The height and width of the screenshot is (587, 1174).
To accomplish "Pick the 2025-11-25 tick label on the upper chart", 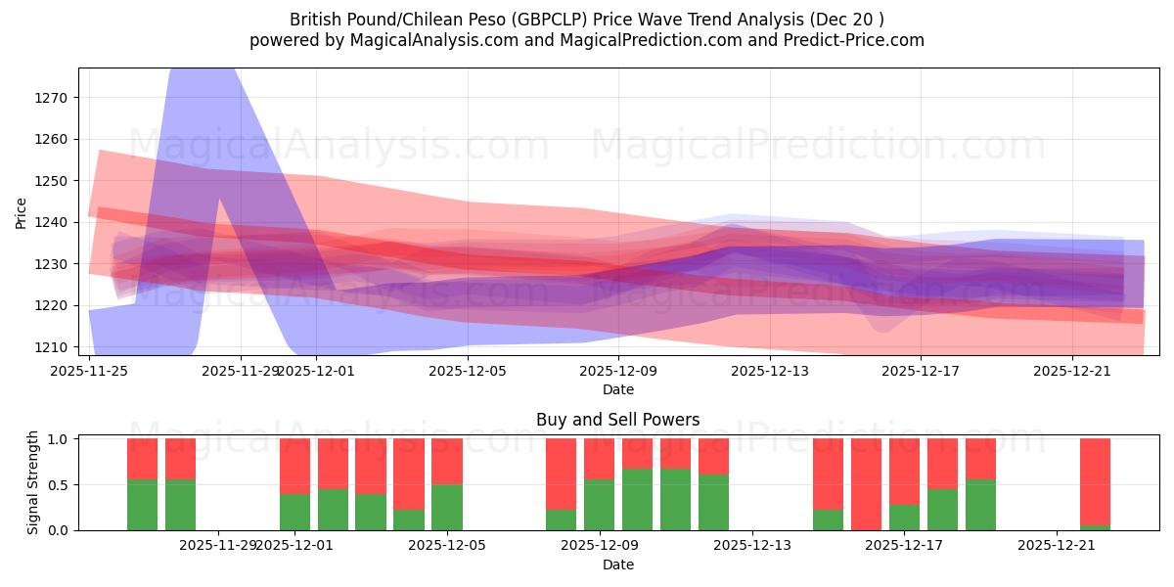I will [x=90, y=371].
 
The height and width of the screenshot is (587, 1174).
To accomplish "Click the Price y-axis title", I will [x=21, y=212].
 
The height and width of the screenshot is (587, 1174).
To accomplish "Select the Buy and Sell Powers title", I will [x=617, y=420].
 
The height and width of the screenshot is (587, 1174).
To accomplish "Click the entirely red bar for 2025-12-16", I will [x=866, y=484].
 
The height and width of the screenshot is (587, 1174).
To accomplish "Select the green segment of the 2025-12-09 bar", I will [x=599, y=504].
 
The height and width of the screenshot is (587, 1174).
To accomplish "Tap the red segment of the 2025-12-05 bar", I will [x=447, y=461].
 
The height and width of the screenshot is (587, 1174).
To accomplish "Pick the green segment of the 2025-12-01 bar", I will [x=294, y=512].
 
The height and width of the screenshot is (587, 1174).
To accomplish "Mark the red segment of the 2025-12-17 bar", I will [x=904, y=471].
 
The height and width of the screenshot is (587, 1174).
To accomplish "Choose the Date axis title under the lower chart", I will [x=617, y=564].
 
